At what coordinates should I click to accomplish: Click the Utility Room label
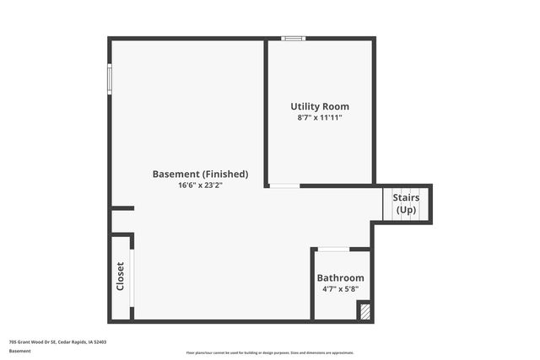[x=320, y=107]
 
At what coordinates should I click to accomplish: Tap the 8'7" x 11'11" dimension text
[x=320, y=118]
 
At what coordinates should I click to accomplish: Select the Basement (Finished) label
[x=200, y=175]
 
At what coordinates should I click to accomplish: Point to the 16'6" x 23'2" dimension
[x=200, y=185]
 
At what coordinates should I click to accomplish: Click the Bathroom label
[x=340, y=278]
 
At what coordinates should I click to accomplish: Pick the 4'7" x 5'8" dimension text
[x=340, y=289]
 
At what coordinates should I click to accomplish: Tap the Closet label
[x=121, y=277]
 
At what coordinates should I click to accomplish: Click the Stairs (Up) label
[x=406, y=204]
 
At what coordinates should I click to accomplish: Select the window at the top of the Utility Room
[x=294, y=38]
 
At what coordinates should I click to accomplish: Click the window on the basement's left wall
[x=109, y=78]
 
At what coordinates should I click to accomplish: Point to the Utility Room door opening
[x=284, y=185]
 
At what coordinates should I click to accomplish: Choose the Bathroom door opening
[x=334, y=249]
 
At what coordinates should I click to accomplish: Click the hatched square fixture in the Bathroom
[x=364, y=312]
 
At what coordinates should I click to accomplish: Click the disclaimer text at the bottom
[x=270, y=353]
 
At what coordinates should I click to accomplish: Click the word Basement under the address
[x=19, y=351]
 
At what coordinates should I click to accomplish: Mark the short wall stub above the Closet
[x=123, y=208]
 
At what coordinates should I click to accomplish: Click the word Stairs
[x=406, y=198]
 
